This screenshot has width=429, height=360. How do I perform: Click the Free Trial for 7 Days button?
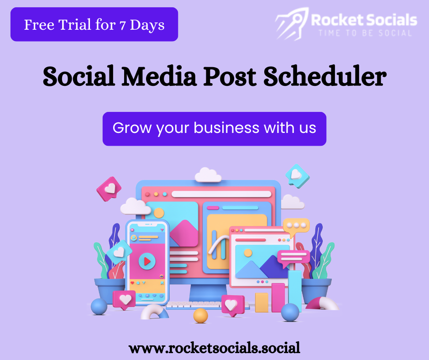coord(94,24)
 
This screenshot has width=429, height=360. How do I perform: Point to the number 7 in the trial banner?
coord(123,26)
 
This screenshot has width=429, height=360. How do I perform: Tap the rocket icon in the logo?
coord(292,24)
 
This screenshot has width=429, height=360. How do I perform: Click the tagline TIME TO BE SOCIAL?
coord(365,33)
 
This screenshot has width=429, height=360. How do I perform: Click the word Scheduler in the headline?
coord(325,76)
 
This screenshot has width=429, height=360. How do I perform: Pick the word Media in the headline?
coord(159,76)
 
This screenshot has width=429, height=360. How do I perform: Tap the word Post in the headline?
coord(230,76)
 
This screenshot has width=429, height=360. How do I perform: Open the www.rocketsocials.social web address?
coord(214,348)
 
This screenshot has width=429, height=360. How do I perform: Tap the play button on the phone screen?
coord(147,261)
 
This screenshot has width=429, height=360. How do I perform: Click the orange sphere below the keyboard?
coord(200,315)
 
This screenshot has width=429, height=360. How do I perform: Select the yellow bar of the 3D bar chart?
coord(262,302)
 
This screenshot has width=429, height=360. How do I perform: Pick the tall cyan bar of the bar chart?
coord(295,291)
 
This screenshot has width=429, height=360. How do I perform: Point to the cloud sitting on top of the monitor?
coord(208,175)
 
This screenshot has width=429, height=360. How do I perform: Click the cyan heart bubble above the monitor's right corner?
coord(298,176)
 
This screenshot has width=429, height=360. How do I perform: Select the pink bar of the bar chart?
coord(278,298)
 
